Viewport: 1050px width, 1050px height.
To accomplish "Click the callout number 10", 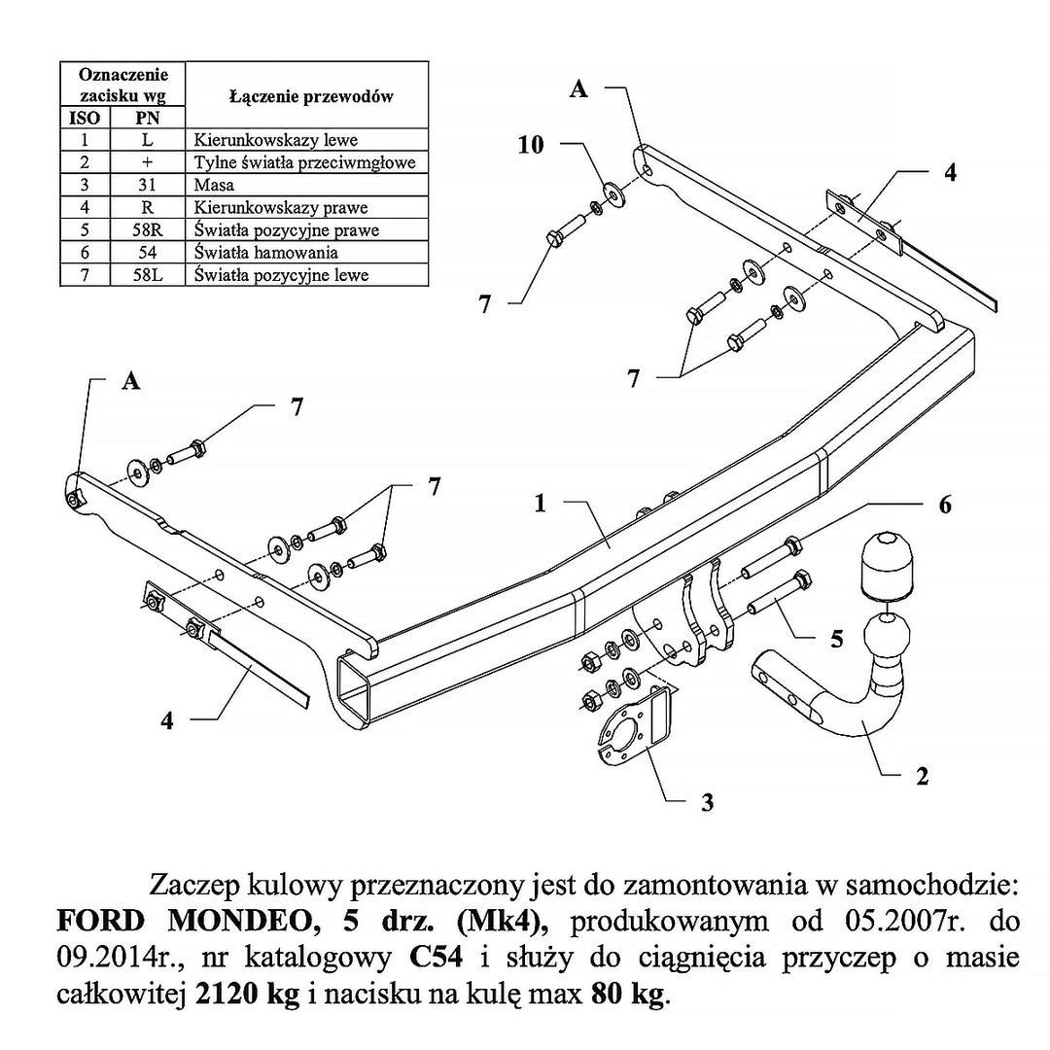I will [x=531, y=145].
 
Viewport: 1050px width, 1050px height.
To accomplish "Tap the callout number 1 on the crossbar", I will [x=540, y=503].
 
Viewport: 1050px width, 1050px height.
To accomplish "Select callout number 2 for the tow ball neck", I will [x=922, y=776].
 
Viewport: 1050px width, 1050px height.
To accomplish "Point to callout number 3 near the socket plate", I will [x=707, y=802].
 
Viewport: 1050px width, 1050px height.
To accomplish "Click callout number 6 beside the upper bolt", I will [x=944, y=505].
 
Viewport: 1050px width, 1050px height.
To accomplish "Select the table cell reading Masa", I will [x=215, y=185].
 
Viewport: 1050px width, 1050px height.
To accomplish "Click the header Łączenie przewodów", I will [x=311, y=96].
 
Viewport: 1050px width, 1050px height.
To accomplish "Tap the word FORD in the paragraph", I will [x=91, y=922].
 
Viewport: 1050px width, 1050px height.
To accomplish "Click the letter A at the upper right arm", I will [x=578, y=89].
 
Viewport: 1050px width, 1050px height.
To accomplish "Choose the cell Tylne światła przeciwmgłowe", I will [x=305, y=162].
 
